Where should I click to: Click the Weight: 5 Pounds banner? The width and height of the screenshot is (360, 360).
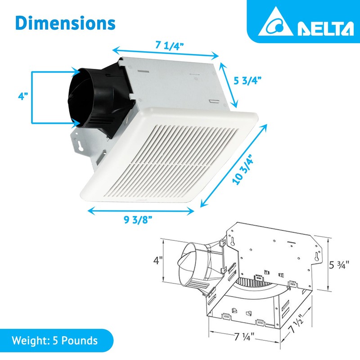tap(55, 340)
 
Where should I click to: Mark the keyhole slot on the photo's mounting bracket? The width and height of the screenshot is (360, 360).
tap(80, 147)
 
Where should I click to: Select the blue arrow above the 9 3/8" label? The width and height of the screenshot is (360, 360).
tap(141, 210)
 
